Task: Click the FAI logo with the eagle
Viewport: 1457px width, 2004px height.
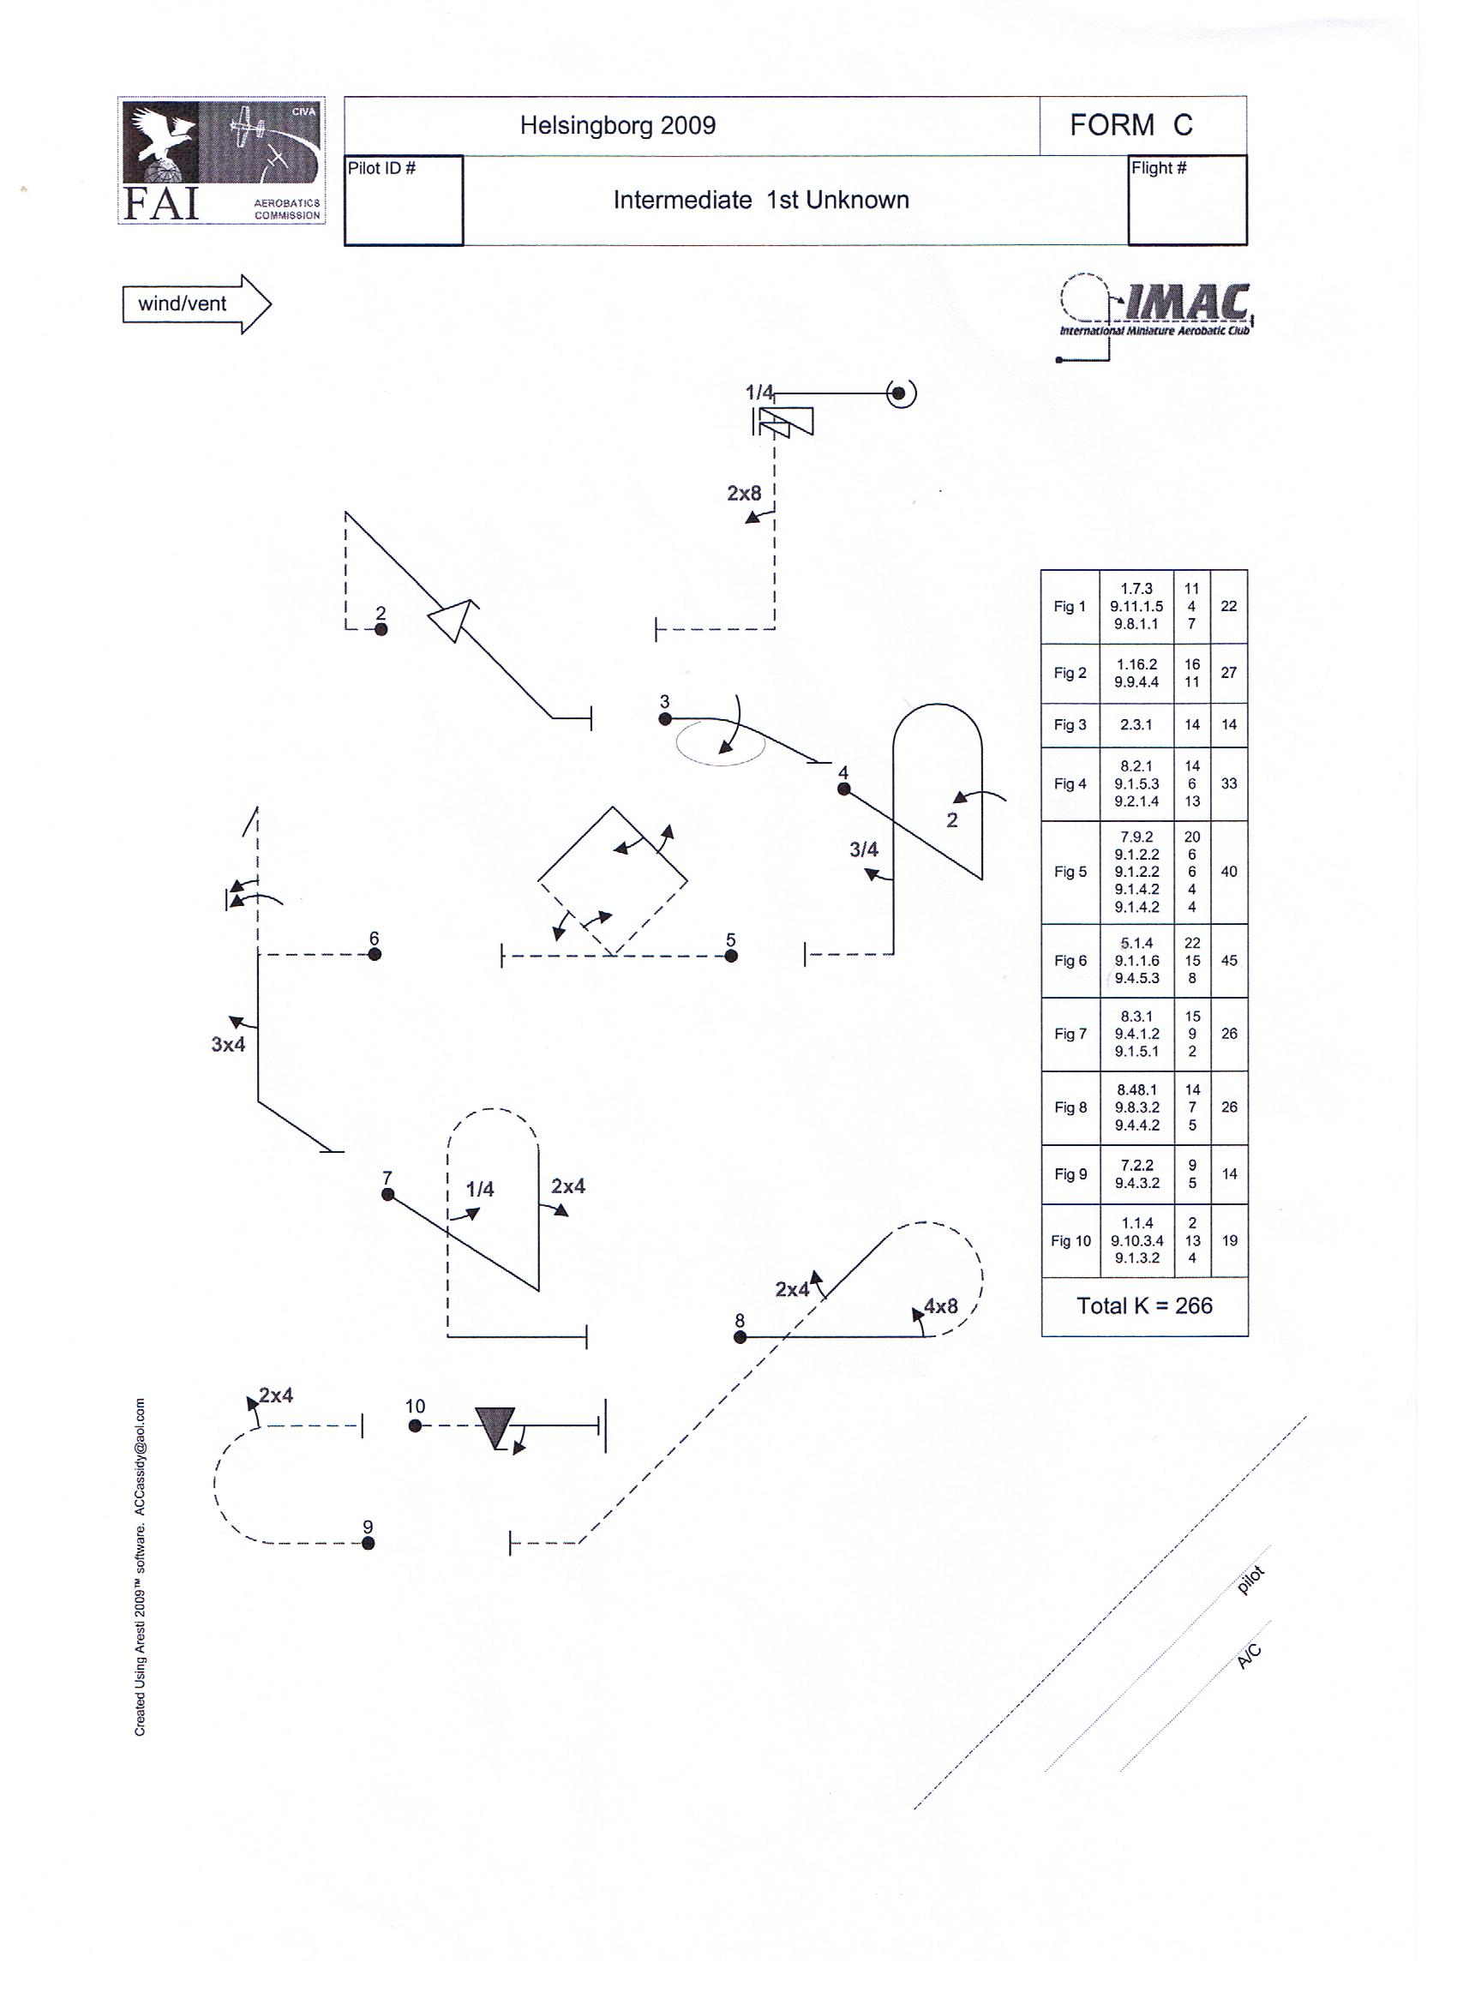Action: pos(222,160)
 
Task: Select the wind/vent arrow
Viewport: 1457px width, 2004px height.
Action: pos(196,304)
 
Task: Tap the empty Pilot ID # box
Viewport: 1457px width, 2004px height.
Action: pos(404,201)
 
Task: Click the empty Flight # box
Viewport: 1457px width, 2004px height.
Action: pos(1188,201)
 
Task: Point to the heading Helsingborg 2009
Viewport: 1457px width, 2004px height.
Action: pos(618,125)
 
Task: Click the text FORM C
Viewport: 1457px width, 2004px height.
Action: pos(1131,125)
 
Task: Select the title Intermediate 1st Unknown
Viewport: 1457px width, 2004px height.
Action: pos(761,201)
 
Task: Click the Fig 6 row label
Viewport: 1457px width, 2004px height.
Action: pos(1070,961)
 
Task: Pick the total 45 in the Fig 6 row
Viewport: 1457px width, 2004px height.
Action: pos(1229,961)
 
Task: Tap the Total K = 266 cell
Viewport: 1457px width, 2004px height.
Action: pos(1145,1306)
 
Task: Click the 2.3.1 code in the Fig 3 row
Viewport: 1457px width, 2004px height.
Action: pos(1136,724)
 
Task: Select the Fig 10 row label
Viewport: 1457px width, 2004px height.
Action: pos(1070,1240)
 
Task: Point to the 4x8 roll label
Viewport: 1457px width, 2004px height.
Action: pos(941,1306)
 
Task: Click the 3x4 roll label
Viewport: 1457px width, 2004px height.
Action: pos(228,1044)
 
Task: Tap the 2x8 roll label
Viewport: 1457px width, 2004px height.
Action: pos(744,493)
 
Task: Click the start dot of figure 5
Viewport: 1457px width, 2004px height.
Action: pos(731,955)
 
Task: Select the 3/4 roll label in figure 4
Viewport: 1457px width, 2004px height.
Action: pos(864,850)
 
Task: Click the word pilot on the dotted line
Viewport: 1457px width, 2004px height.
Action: pos(1251,1580)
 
